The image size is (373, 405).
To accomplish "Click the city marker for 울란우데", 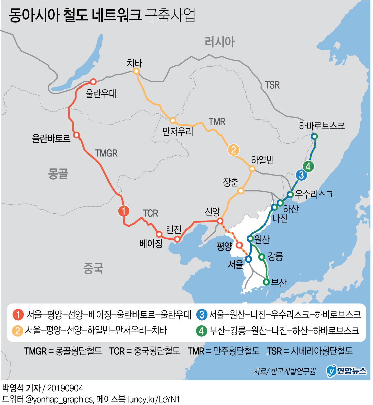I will pos(93,82).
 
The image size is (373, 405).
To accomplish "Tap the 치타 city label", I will pos(135,63).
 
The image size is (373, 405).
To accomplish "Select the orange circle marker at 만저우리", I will pos(173,120).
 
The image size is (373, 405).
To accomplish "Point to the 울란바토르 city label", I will pos(51,138).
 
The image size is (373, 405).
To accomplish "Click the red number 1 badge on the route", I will pos(124,211).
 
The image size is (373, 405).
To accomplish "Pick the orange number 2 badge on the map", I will pos(233,150).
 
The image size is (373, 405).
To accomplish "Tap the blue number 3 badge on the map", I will pos(301,175).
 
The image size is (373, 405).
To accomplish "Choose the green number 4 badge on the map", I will pos(308,166).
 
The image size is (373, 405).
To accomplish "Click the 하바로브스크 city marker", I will pos(314,136).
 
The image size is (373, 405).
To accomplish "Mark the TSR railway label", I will pos(272,85).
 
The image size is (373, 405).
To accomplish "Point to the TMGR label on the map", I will pos(106,153).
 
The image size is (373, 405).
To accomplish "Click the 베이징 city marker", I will pos(159,234).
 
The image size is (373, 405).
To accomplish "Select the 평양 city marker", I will pos(239,245).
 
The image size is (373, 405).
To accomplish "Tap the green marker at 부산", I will pos(266,282).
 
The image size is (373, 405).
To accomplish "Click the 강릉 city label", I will pos(275,256).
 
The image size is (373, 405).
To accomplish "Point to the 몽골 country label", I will pos(58,174).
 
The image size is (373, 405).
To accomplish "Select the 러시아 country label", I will pos(220,42).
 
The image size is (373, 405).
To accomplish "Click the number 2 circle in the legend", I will pos(18,331).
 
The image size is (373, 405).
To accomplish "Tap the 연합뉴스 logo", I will pos(346,370).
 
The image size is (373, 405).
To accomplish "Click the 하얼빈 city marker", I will pos(252,169).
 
